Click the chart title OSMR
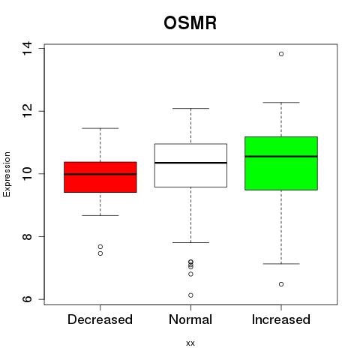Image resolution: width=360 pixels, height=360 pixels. [190, 23]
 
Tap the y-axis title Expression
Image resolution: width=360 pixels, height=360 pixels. [7, 174]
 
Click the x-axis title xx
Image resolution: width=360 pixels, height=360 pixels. [190, 343]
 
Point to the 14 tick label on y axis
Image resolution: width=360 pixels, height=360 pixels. [27, 48]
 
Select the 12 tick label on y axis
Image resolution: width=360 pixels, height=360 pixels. [27, 111]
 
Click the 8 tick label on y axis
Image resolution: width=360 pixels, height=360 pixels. [27, 236]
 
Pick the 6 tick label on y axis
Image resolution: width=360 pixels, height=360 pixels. [27, 299]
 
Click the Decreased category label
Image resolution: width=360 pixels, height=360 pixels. [100, 319]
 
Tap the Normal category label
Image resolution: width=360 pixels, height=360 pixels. [190, 319]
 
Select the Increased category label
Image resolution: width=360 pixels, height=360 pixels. [281, 319]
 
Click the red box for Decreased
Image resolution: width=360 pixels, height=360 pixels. [100, 177]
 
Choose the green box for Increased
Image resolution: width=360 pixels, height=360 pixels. [281, 163]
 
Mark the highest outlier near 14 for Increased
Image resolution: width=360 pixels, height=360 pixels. [281, 54]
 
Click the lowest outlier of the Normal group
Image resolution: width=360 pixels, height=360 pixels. [190, 295]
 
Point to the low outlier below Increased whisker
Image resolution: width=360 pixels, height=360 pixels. [281, 284]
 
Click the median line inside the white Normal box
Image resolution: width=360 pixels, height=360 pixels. [190, 163]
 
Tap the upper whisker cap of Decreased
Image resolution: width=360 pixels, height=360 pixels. [100, 128]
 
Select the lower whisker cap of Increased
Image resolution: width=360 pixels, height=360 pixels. [281, 264]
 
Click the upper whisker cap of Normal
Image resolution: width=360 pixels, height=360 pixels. [190, 108]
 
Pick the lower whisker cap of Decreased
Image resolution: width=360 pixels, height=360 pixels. [100, 215]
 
